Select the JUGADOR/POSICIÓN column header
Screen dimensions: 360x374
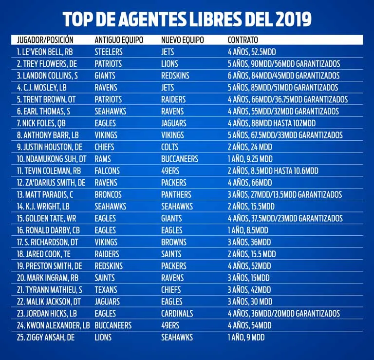(45, 40)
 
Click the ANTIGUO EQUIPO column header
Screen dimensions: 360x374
(118, 40)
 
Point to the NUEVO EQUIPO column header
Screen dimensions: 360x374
(183, 40)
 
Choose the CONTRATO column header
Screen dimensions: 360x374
(243, 40)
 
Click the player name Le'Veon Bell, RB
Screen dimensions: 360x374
(45, 52)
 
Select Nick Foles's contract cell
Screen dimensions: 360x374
(271, 123)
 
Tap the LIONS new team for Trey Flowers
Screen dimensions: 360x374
(169, 64)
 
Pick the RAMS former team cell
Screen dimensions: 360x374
(103, 159)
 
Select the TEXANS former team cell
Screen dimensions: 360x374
(107, 289)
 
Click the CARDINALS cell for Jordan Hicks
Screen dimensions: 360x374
(177, 313)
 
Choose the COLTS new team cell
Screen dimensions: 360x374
(170, 147)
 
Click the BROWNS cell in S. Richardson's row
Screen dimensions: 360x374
(174, 242)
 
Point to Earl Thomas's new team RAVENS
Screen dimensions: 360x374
(172, 111)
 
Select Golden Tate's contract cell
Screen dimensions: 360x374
(284, 218)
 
